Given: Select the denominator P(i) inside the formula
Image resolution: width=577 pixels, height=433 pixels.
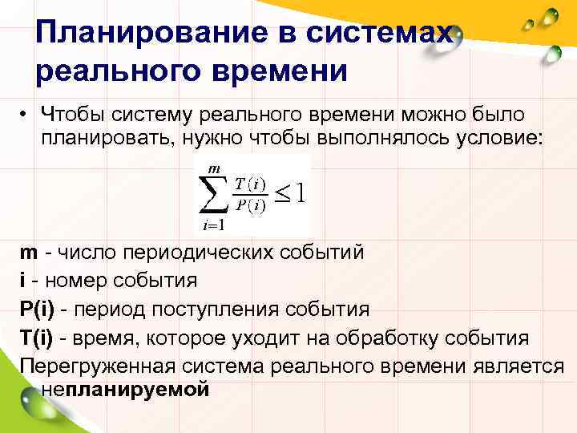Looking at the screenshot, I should coord(250,205).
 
